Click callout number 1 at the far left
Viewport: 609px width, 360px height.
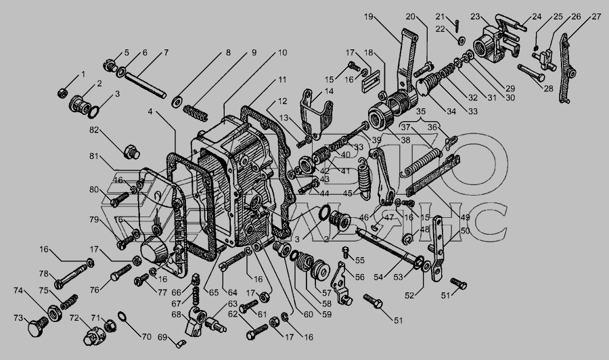[x=83, y=74]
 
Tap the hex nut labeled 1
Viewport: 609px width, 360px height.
[x=62, y=91]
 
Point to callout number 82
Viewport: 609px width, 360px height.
[x=94, y=129]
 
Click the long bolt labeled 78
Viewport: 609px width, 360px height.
[x=70, y=276]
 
